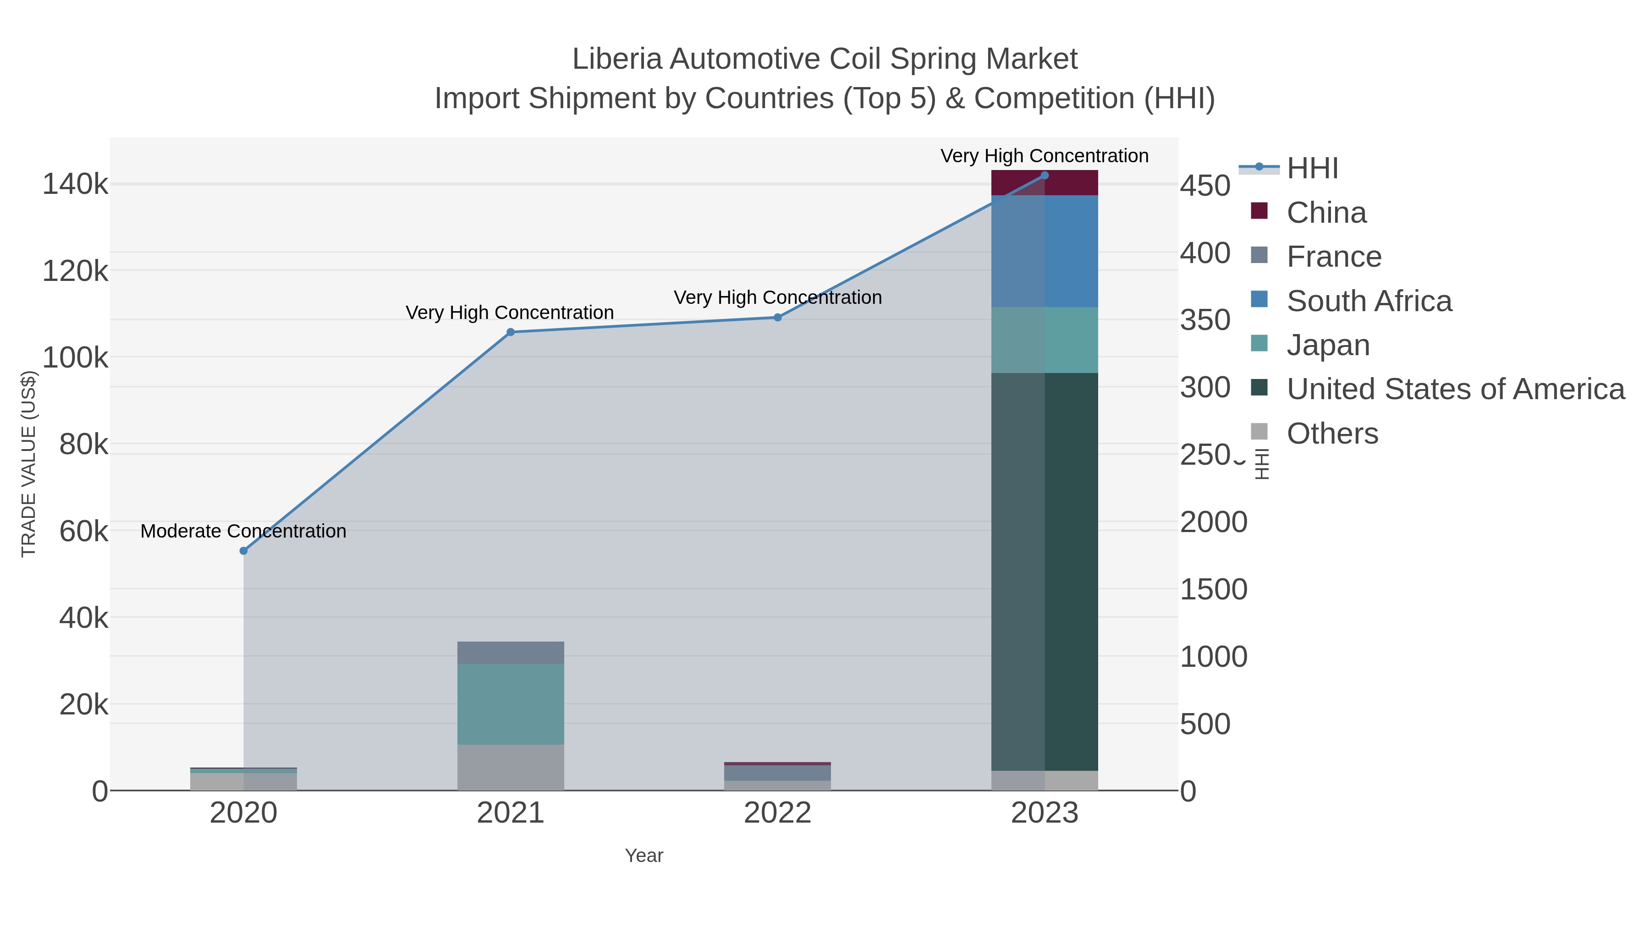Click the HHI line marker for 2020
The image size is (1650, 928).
[x=243, y=551]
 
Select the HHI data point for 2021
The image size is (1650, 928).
[x=511, y=332]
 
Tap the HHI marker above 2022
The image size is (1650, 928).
[x=778, y=317]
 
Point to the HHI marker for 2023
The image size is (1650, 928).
[x=1045, y=175]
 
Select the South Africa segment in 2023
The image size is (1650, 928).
[x=1045, y=251]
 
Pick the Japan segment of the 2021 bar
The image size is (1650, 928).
[x=511, y=704]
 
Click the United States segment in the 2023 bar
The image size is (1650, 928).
[x=1045, y=570]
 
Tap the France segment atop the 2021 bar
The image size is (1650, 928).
[x=511, y=653]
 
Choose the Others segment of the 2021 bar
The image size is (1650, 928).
[x=511, y=767]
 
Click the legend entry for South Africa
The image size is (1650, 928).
[x=1369, y=301]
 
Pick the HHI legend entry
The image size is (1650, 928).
[x=1312, y=169]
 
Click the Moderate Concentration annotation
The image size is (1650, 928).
[x=243, y=531]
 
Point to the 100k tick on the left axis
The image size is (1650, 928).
[x=76, y=357]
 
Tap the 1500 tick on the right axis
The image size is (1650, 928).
[x=1213, y=589]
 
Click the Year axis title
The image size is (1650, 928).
[x=644, y=856]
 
